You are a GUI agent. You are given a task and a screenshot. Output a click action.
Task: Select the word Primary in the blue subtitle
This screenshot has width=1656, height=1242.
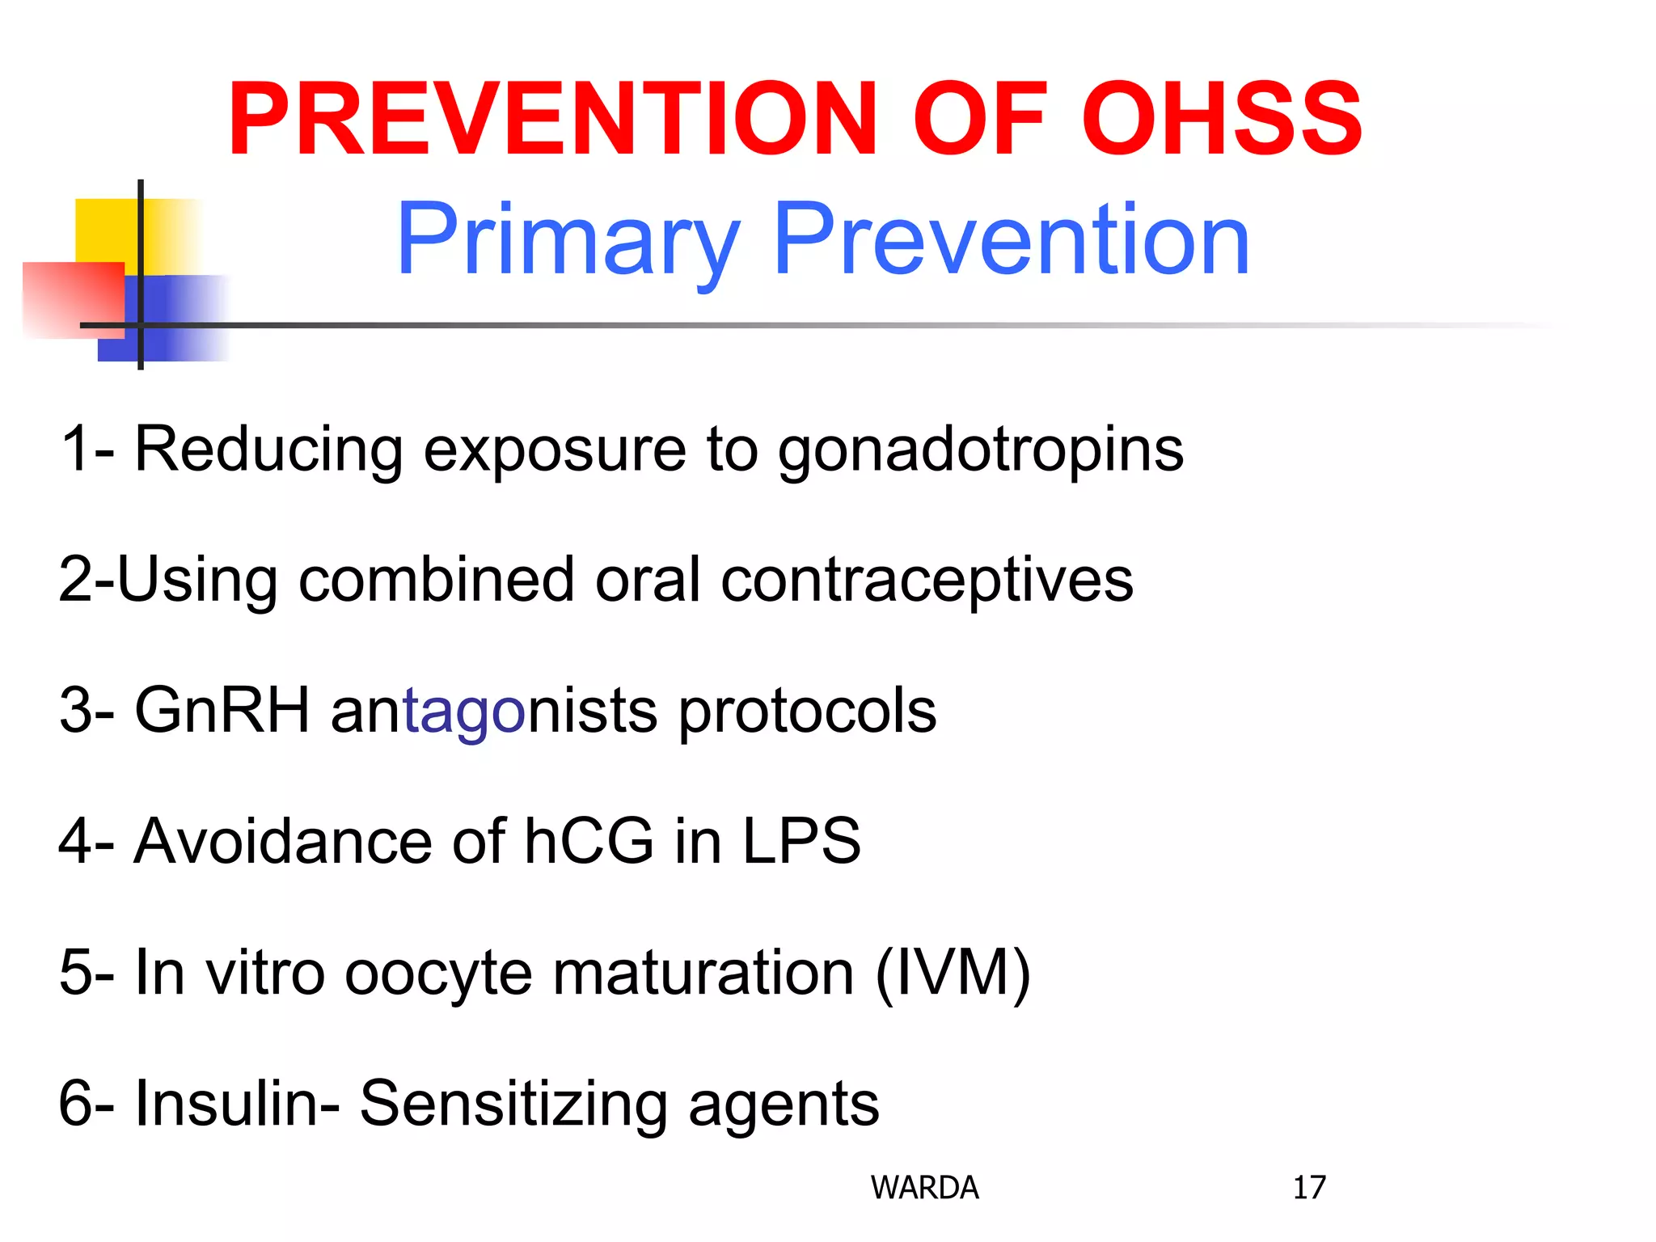568,241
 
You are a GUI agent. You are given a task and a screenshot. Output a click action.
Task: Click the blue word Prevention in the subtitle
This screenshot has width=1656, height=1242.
1011,239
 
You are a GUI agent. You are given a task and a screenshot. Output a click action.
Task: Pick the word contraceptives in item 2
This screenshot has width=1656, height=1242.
927,581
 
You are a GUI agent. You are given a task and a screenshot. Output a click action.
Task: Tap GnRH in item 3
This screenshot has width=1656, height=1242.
222,710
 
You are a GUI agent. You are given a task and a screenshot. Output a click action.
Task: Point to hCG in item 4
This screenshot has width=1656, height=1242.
589,841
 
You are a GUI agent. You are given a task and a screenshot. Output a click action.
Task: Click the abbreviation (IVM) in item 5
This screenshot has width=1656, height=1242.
953,972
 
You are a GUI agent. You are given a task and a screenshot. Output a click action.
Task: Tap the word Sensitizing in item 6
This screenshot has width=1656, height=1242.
513,1103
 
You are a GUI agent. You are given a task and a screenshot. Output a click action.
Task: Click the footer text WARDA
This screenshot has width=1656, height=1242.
924,1187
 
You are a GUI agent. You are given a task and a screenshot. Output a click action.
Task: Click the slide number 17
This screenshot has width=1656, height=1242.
1309,1187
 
